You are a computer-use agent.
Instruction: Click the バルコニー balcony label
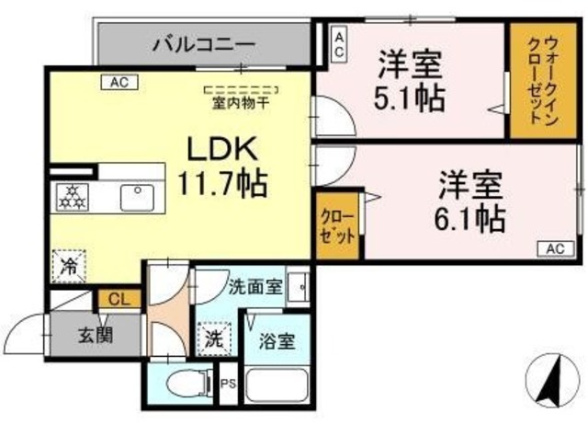[204, 45]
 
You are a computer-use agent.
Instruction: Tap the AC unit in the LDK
[119, 82]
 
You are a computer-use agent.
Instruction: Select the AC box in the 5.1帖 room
[339, 45]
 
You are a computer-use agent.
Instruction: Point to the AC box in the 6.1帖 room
[556, 248]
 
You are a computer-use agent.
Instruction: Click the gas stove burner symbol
[73, 197]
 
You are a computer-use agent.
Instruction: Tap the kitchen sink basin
[137, 198]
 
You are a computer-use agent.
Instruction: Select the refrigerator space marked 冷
[69, 266]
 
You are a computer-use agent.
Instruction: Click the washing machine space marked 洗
[214, 339]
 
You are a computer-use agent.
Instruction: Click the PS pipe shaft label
[229, 384]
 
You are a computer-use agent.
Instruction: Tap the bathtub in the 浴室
[277, 386]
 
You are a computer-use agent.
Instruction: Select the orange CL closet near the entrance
[119, 299]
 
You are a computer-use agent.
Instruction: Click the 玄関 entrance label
[96, 335]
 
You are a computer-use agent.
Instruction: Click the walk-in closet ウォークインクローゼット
[543, 80]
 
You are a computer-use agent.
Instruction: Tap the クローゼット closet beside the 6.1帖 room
[338, 225]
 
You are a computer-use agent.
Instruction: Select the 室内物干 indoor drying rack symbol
[242, 90]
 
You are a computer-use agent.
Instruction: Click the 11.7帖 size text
[222, 183]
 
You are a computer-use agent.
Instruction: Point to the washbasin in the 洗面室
[298, 287]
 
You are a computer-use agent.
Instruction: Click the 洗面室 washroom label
[255, 287]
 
